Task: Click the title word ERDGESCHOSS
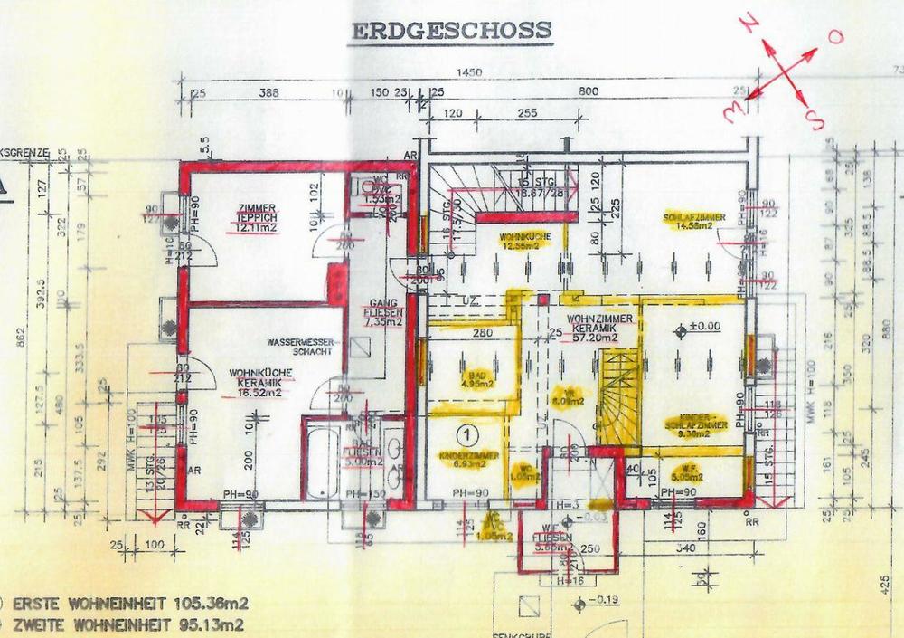click(449, 29)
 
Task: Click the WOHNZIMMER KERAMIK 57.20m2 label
click(592, 328)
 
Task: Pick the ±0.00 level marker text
click(702, 325)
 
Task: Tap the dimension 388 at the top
click(268, 92)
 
